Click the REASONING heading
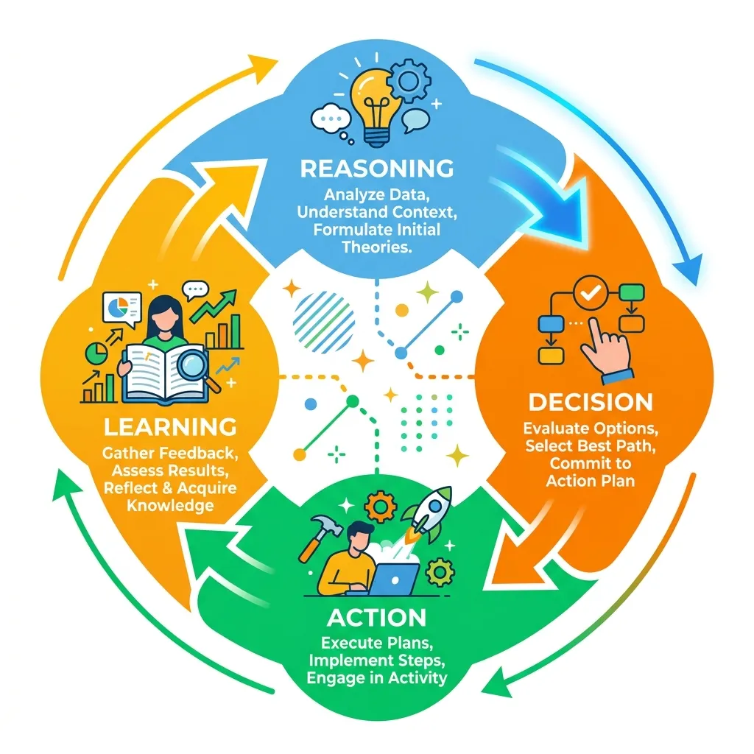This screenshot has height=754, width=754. [377, 169]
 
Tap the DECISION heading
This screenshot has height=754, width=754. [591, 403]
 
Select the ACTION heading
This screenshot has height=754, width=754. [376, 618]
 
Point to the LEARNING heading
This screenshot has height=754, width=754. [170, 427]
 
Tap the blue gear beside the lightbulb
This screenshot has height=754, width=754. [409, 80]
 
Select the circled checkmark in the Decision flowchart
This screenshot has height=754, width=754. [591, 292]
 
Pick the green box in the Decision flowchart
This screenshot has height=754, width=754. [631, 292]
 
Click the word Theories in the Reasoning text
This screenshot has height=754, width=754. [376, 247]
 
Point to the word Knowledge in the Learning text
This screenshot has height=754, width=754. [170, 505]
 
